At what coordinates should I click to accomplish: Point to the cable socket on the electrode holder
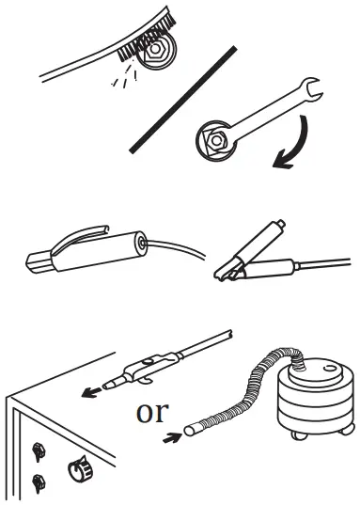141,245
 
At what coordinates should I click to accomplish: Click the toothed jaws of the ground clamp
227,272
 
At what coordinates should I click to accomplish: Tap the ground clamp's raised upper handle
254,240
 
